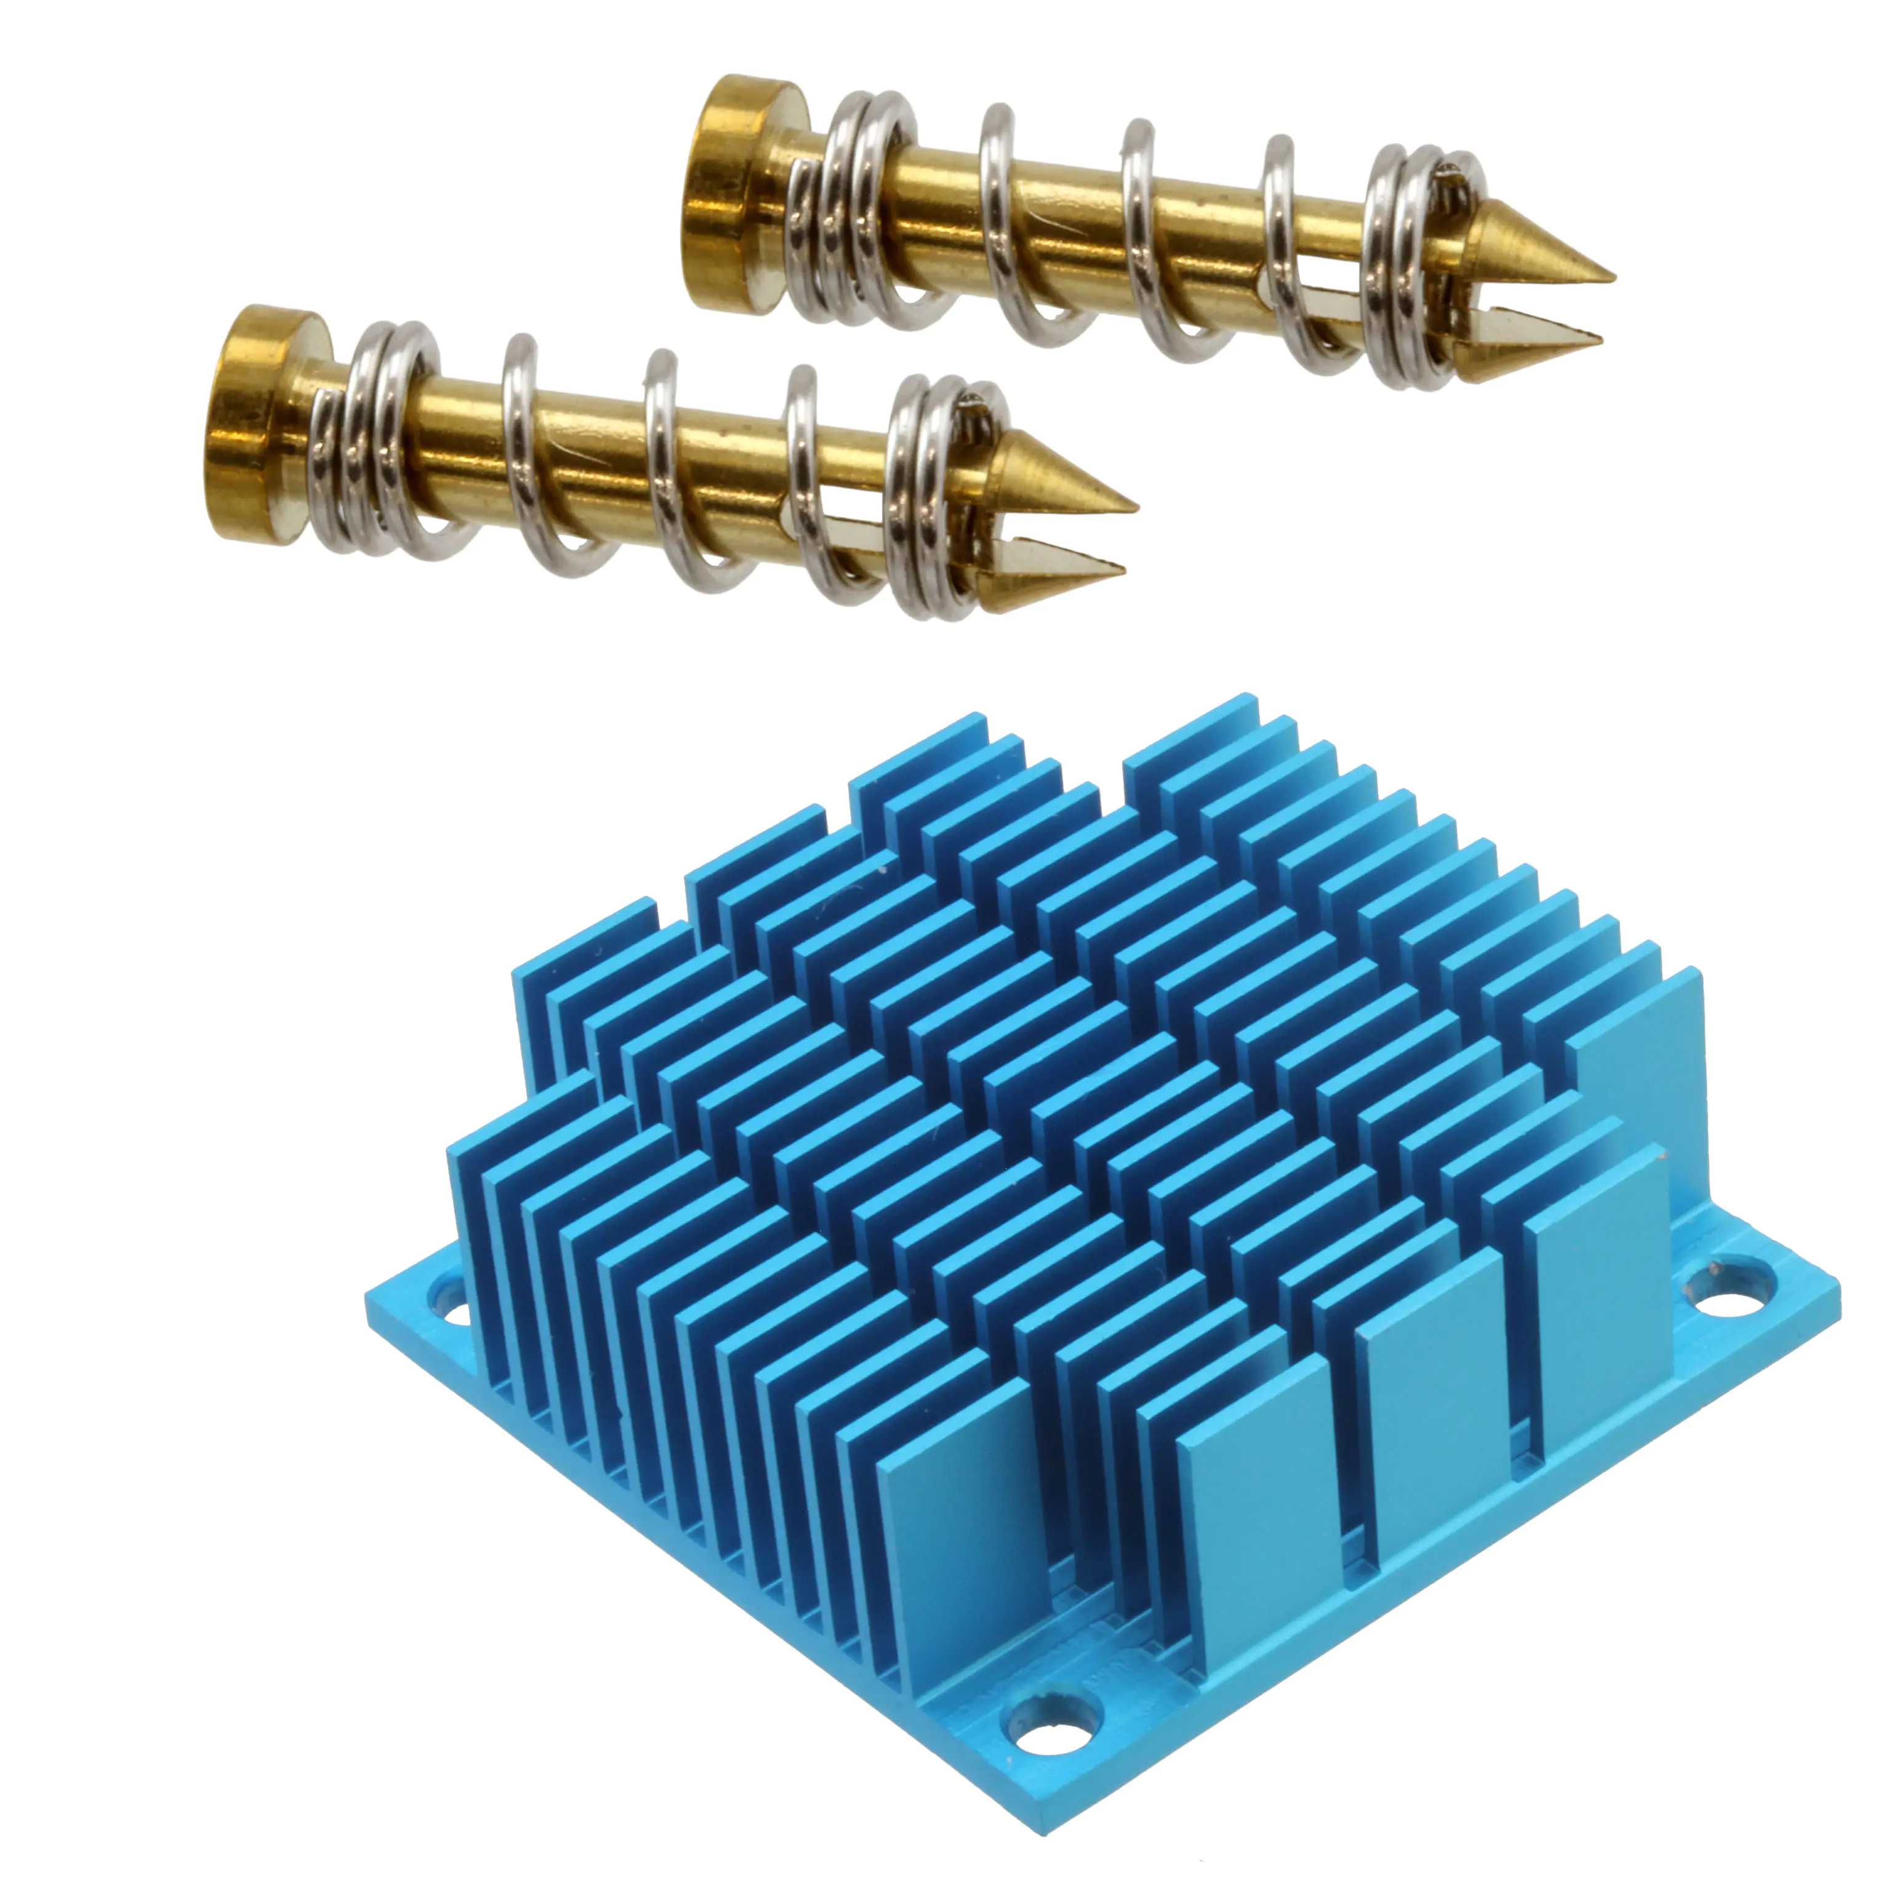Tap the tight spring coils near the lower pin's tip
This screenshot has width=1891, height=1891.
pyautogui.click(x=935, y=499)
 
